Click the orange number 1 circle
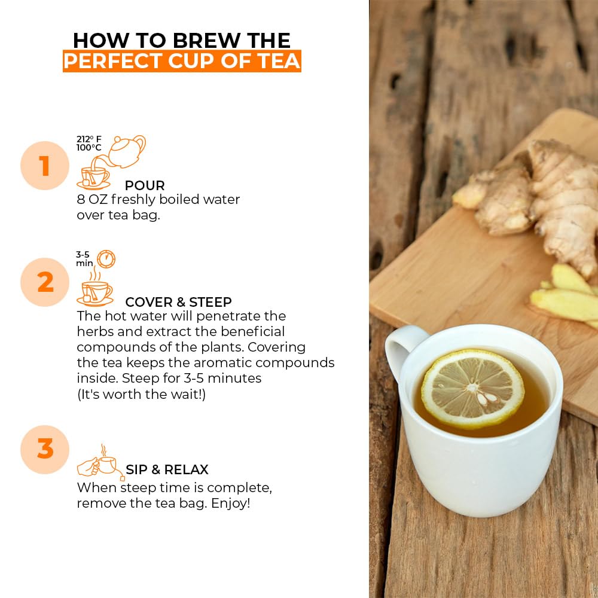[x=45, y=166]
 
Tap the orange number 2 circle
[x=45, y=282]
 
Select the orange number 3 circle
[x=45, y=449]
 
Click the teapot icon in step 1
[x=127, y=151]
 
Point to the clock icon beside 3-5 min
[x=106, y=259]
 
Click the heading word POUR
[x=145, y=185]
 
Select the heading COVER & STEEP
[x=178, y=302]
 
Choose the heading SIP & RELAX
[x=167, y=469]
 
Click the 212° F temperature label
[x=88, y=139]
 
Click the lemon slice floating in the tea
[x=472, y=388]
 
